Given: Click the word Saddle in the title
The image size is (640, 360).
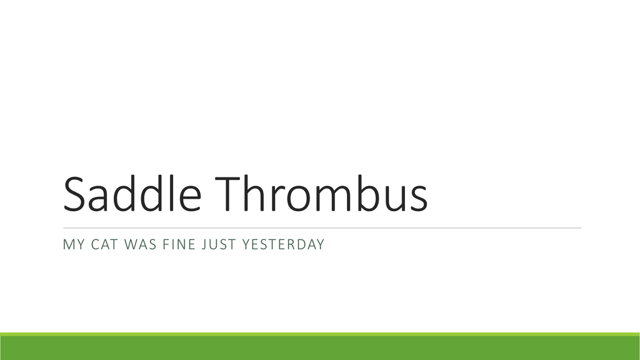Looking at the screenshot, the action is click(x=132, y=193).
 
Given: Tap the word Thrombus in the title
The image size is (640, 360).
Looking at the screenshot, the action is click(x=321, y=193).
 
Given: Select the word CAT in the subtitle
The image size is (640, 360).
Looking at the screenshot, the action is click(x=105, y=244).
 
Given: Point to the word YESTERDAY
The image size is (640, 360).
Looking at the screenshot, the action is click(x=283, y=244).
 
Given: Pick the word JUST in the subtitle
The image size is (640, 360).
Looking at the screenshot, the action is click(x=219, y=244).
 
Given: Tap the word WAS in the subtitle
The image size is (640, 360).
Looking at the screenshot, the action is click(x=141, y=244).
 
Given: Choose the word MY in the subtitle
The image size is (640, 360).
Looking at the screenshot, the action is click(x=74, y=244).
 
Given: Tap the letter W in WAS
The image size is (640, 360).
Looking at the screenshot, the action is click(x=131, y=244).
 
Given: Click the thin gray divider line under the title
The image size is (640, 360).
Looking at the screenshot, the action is click(x=322, y=227).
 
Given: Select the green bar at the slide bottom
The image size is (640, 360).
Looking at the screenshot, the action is click(x=320, y=346).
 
